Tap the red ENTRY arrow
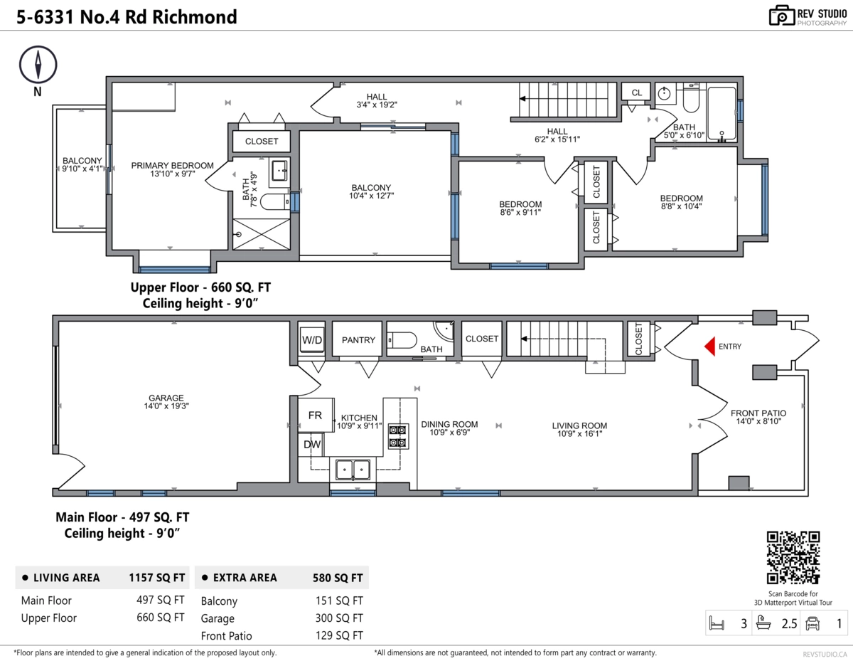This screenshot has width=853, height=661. click(709, 347)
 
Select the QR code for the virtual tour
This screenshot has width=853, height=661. click(793, 558)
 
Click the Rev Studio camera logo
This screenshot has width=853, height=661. click(782, 16)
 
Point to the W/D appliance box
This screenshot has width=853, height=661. click(312, 340)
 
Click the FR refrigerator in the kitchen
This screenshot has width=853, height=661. click(315, 416)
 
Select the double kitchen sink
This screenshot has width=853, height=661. click(353, 470)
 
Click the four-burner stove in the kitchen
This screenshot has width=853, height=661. click(397, 435)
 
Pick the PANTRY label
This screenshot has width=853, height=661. click(358, 340)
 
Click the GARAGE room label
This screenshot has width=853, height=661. click(166, 398)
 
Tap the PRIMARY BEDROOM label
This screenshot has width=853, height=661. click(172, 166)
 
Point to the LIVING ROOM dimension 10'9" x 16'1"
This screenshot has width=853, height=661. click(579, 434)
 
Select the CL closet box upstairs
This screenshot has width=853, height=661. click(636, 92)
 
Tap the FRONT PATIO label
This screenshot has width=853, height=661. click(758, 413)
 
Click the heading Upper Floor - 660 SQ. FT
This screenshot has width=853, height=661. click(200, 287)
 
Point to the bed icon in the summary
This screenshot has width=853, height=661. click(717, 624)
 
